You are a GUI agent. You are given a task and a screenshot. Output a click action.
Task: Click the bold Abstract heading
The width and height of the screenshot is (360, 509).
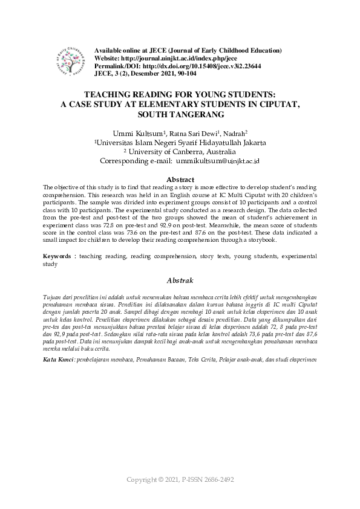[180, 180]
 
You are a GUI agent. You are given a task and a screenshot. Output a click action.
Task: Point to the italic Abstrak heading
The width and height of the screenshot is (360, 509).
[180, 280]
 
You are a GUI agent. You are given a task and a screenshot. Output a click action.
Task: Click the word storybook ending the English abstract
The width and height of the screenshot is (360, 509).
[263, 240]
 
